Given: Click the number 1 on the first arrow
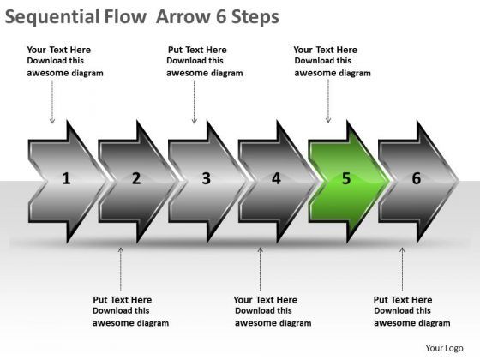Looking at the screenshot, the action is point(66,178).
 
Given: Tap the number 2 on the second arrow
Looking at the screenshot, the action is point(136,178).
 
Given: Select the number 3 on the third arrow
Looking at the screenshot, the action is point(207,178).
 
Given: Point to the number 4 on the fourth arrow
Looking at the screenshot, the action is point(276,178).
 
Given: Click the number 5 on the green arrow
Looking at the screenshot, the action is point(346,178).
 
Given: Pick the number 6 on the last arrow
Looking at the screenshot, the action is point(417,178).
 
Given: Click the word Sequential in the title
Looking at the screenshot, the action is point(52,17).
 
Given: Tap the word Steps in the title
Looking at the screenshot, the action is point(255,17).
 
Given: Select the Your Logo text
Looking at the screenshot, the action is point(444,348).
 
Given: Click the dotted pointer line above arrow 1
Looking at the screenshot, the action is point(52,102).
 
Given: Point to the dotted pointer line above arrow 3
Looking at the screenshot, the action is point(194,102).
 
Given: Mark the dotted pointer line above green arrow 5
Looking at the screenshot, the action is point(328,101).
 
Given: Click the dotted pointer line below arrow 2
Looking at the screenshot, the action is point(121,269).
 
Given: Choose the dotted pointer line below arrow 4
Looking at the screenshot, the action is point(261,269).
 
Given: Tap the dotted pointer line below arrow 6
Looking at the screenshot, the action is point(402,269).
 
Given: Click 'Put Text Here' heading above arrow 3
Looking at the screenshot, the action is point(197,50).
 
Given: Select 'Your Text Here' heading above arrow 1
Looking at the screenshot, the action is point(59,50).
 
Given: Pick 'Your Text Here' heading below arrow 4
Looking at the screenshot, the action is point(265,300).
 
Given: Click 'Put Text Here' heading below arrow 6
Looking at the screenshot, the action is point(403,300).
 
